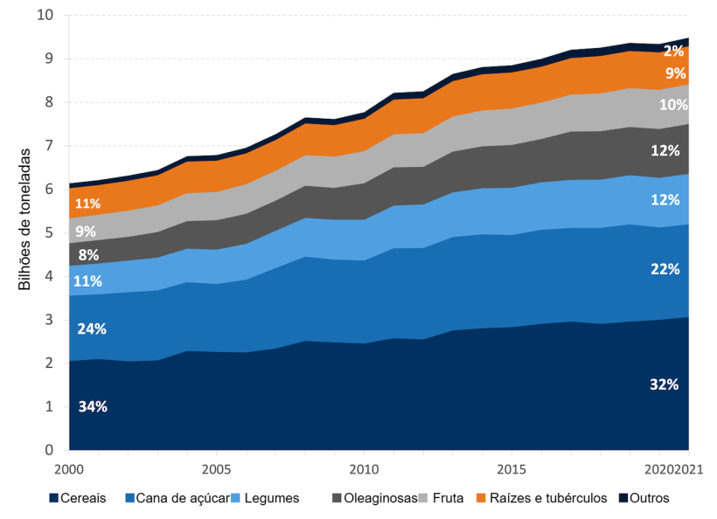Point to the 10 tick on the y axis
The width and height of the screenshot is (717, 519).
[x=45, y=15]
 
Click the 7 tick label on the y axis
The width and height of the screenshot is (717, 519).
[x=49, y=146]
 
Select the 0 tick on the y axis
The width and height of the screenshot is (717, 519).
[x=49, y=450]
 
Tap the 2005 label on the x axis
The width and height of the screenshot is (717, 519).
[x=215, y=469]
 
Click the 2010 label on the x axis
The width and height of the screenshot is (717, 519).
[x=363, y=469]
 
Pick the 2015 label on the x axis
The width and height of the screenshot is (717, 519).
[x=511, y=469]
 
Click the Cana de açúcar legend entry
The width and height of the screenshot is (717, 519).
[x=179, y=498]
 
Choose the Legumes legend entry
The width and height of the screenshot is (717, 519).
[x=271, y=498]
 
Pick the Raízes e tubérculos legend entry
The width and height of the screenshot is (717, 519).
[x=546, y=498]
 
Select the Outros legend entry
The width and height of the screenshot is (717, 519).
[x=648, y=498]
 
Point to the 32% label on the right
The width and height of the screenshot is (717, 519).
[x=665, y=384]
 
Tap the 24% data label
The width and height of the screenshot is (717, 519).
[x=92, y=329]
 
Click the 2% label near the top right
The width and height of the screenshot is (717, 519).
[x=673, y=51]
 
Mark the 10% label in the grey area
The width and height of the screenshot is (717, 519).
[x=673, y=105]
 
